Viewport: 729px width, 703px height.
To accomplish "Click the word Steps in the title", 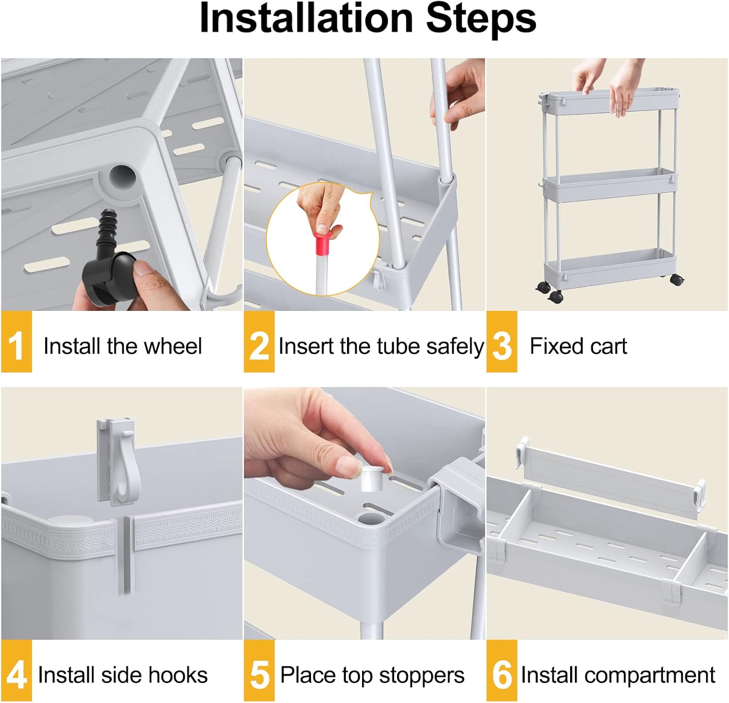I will click(481, 18).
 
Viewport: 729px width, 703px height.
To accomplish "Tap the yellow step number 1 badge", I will click(16, 342).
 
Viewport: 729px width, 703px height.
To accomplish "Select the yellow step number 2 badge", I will click(259, 342).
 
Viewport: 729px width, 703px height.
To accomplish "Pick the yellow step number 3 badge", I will click(502, 342).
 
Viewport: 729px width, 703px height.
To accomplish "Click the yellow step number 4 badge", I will click(16, 671).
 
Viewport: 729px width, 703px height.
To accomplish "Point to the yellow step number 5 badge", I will click(259, 671).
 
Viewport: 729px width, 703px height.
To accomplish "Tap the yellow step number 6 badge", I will click(502, 671).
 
